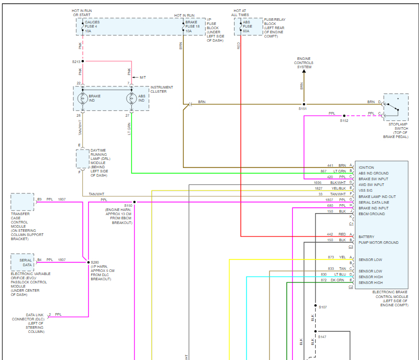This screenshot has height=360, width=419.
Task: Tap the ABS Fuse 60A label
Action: pyautogui.click(x=248, y=27)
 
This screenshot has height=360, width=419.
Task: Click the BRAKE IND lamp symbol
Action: pyautogui.click(x=82, y=98)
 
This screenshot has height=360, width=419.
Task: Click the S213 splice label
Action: pyautogui.click(x=76, y=61)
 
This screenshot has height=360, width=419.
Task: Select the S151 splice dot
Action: pyautogui.click(x=304, y=104)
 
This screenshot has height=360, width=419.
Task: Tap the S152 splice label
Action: pyautogui.click(x=344, y=121)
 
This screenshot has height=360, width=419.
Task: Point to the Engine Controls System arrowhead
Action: pyautogui.click(x=304, y=71)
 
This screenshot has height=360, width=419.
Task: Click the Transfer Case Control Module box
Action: pyautogui.click(x=22, y=202)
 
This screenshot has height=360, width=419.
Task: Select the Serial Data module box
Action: pyautogui.click(x=22, y=262)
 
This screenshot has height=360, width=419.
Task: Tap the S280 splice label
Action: pyautogui.click(x=94, y=263)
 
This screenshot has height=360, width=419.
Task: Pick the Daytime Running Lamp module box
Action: pyautogui.click(x=82, y=159)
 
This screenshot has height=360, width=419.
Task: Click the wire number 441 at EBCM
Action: pyautogui.click(x=330, y=165)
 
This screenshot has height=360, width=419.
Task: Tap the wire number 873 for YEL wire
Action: pyautogui.click(x=331, y=257)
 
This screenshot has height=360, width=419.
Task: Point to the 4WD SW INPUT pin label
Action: pyautogui.click(x=371, y=184)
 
